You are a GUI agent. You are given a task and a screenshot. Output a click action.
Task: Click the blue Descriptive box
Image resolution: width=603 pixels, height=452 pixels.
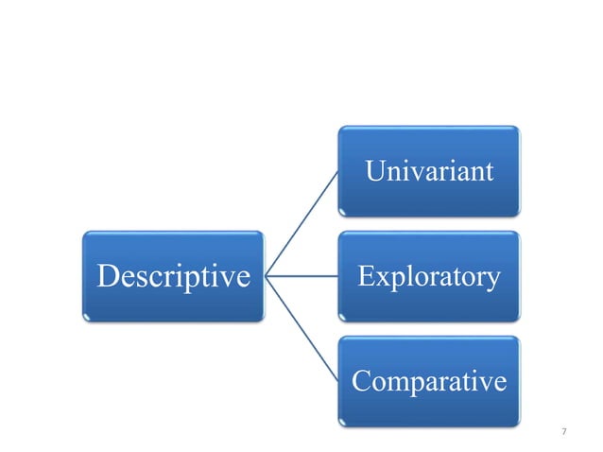pyautogui.click(x=173, y=277)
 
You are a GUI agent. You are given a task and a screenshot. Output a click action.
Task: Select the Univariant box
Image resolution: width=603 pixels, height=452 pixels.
pyautogui.click(x=428, y=172)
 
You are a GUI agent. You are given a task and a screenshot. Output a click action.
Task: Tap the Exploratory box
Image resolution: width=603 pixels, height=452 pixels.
pyautogui.click(x=428, y=277)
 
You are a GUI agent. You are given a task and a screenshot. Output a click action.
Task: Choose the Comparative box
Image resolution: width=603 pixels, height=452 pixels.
pyautogui.click(x=428, y=382)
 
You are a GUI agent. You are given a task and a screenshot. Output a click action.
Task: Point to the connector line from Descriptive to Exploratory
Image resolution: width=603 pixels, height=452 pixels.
pyautogui.click(x=302, y=277)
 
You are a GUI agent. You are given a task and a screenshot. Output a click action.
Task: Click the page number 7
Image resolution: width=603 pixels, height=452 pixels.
pyautogui.click(x=564, y=432)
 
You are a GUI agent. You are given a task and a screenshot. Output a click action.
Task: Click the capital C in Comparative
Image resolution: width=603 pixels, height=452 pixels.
pyautogui.click(x=361, y=383)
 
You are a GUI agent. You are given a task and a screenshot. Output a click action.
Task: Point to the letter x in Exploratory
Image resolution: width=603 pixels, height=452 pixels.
pyautogui.click(x=381, y=279)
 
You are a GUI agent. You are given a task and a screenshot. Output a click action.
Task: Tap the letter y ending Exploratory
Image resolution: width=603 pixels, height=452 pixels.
pyautogui.click(x=492, y=281)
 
